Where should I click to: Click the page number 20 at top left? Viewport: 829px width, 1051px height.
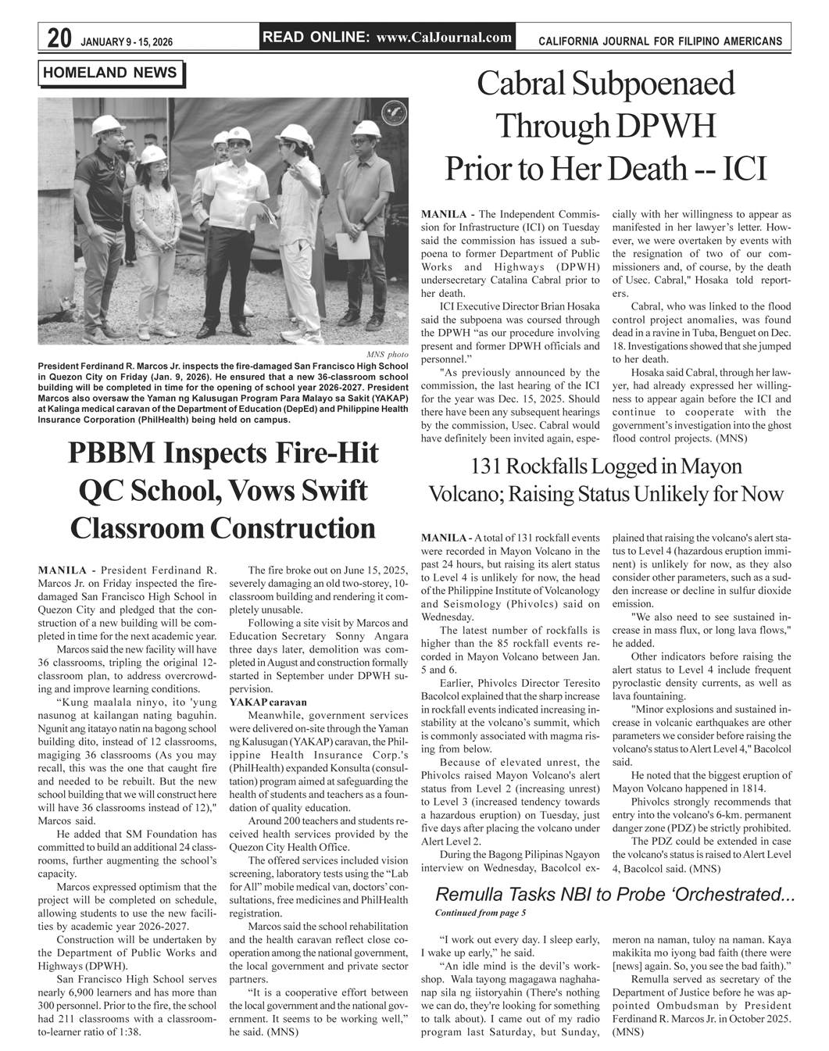(x=59, y=38)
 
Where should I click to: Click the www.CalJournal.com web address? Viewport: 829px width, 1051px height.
(x=444, y=37)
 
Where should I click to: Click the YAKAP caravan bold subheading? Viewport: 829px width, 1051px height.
(x=267, y=702)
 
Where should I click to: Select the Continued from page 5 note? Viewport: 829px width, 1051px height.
(x=480, y=912)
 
